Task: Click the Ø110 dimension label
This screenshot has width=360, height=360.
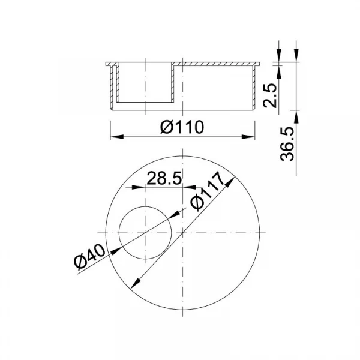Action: (182, 127)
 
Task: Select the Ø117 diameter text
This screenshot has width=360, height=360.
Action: (208, 191)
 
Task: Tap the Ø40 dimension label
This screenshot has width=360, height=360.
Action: (89, 257)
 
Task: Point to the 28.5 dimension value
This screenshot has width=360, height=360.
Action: (164, 178)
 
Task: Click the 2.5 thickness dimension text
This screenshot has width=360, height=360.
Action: (269, 95)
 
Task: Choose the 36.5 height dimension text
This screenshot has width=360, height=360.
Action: (287, 144)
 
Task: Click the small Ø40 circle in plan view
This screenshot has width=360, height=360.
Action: (119, 233)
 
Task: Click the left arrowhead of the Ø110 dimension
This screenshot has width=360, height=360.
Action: (117, 137)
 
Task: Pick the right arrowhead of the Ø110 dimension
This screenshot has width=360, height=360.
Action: (248, 137)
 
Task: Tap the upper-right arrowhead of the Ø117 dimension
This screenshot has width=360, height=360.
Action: (230, 182)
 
